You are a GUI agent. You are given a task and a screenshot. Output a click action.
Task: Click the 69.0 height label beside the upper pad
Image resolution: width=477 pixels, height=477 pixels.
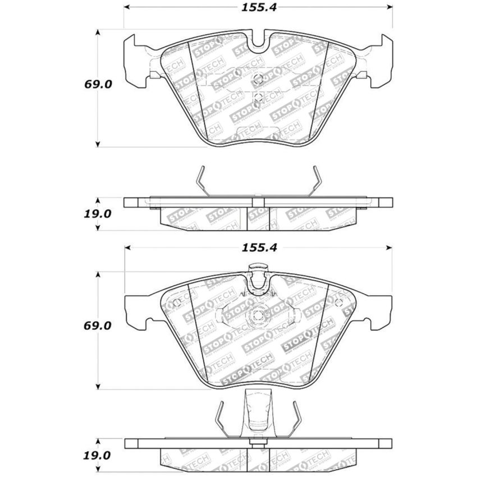pos(98,85)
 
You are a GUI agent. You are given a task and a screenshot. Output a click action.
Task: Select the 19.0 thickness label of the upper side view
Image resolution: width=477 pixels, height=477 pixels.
pos(98,214)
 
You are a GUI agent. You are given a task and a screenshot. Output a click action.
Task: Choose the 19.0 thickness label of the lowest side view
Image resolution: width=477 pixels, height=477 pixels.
pos(98,453)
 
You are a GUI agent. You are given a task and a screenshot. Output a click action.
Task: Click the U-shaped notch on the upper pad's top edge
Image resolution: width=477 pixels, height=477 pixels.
pos(259,40)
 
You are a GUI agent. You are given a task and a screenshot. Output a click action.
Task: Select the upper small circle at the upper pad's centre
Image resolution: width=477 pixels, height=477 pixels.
pos(258,79)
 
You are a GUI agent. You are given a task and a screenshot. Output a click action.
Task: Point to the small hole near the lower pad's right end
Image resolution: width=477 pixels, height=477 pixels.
pos(338,304)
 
